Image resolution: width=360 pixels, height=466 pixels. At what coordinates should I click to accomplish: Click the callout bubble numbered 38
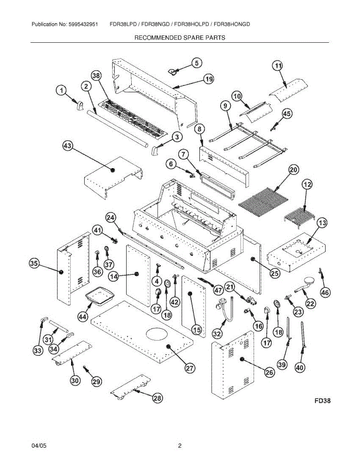click(96, 76)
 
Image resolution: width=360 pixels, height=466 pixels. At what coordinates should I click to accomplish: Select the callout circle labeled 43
click(68, 146)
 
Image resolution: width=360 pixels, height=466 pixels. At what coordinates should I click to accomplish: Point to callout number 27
click(189, 369)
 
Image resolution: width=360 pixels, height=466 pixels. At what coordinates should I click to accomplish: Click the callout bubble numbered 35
click(34, 264)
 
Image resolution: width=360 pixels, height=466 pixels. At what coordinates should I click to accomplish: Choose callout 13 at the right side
click(322, 223)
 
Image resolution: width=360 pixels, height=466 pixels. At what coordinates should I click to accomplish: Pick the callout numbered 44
click(82, 317)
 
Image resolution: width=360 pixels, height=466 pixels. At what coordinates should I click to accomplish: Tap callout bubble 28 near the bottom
click(157, 398)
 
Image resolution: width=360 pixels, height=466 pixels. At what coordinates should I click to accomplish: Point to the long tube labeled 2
click(117, 129)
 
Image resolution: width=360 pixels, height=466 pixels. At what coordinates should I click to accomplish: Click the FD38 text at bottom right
click(322, 401)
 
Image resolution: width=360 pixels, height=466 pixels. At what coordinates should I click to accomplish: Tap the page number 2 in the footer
click(179, 446)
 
